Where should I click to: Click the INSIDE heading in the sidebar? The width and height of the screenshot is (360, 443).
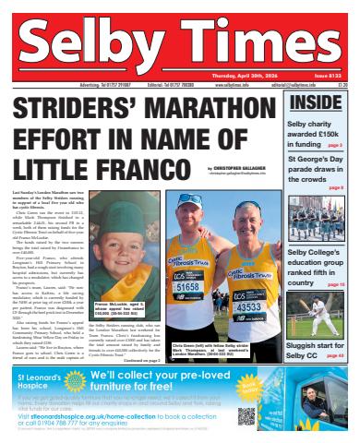[x=316, y=102]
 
